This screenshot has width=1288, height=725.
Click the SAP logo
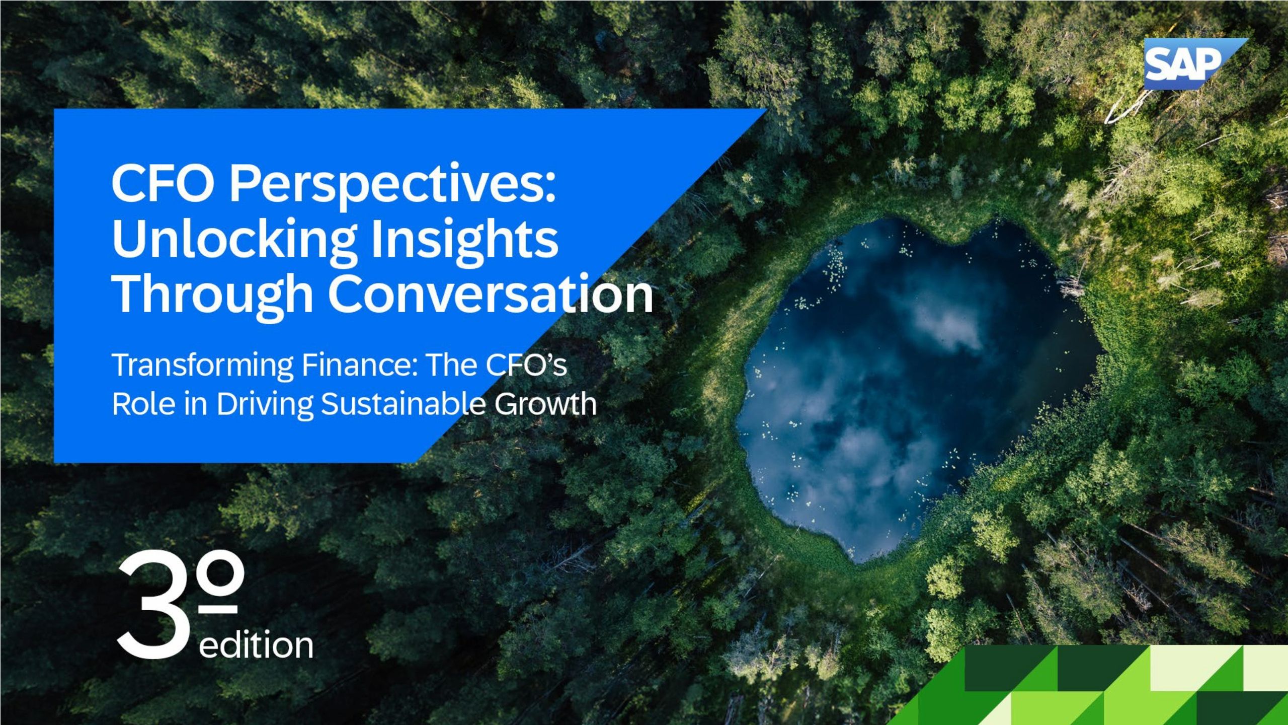[1187, 63]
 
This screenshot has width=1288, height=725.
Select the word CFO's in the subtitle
[526, 365]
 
